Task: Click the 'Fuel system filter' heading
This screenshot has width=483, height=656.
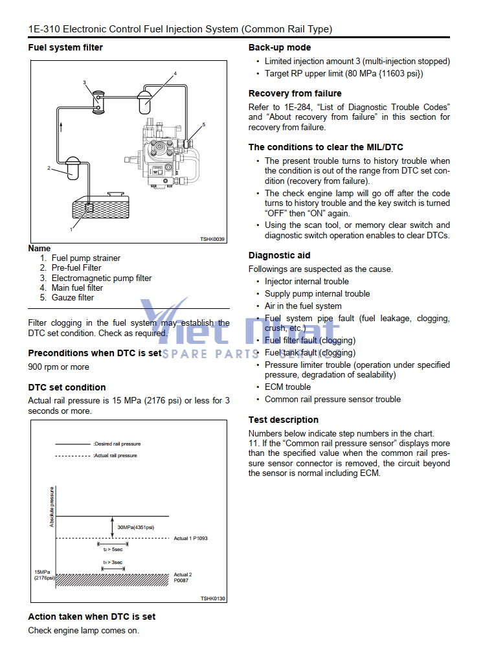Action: tap(65, 47)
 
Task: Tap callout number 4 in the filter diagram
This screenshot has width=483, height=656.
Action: tap(175, 74)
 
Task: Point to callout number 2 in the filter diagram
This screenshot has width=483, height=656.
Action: tap(49, 168)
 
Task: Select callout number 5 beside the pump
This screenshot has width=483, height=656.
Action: tap(203, 124)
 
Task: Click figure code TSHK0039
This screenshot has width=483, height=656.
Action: tap(212, 240)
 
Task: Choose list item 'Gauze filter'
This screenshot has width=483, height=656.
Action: tap(73, 298)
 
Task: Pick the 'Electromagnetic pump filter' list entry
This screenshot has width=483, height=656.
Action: tap(102, 278)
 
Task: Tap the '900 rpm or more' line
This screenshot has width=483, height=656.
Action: tap(59, 367)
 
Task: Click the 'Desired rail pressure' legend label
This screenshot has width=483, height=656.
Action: tap(117, 444)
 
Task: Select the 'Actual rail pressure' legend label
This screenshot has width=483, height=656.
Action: tap(115, 455)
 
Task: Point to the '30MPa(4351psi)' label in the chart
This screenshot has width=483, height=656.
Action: tap(135, 528)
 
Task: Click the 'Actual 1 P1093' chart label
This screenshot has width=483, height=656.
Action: tap(190, 538)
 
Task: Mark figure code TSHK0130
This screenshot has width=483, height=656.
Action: tap(212, 598)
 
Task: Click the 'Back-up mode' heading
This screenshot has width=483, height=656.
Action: tap(280, 47)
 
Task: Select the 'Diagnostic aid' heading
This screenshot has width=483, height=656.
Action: tap(279, 255)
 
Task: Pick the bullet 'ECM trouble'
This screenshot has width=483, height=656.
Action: tap(287, 387)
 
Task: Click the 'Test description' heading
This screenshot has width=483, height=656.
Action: tap(284, 420)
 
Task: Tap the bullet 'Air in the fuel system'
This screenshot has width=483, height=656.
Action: tap(303, 306)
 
